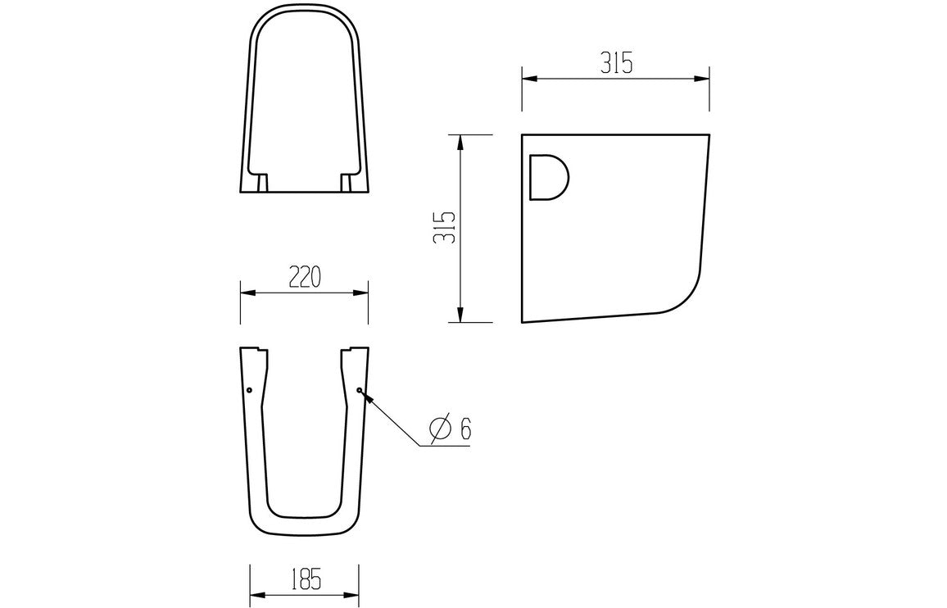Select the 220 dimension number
[303, 278]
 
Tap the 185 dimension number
[303, 579]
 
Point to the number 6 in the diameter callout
[464, 429]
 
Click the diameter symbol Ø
[440, 429]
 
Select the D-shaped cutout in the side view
[548, 177]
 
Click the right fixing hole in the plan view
[359, 390]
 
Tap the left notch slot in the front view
[262, 183]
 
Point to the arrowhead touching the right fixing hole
[366, 397]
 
